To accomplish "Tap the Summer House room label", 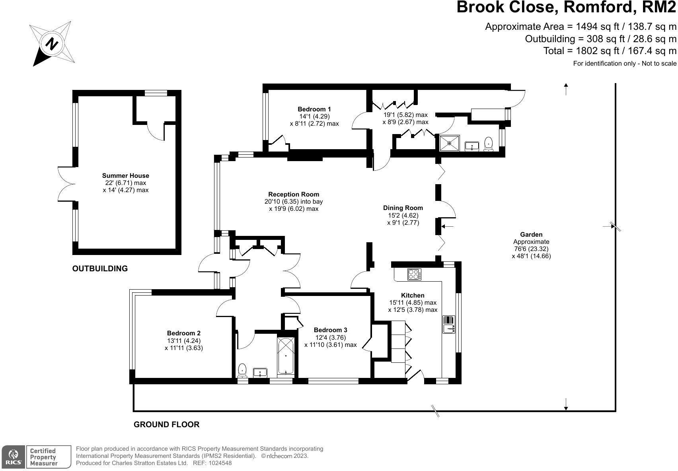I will [125, 175].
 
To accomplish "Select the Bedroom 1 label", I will [314, 109].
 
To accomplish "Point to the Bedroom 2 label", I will [183, 333].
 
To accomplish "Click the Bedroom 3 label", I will [330, 330].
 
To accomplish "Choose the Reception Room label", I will [294, 195].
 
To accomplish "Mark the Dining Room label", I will [403, 208].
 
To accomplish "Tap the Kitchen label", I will [413, 295].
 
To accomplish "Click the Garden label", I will [531, 235].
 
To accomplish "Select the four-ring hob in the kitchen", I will [414, 274].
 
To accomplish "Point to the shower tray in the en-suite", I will [450, 143].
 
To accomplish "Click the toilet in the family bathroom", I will [242, 371].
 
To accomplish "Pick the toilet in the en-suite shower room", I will [489, 144].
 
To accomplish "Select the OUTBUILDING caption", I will [100, 269].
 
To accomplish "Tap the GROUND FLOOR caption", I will [166, 424].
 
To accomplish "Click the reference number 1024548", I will [218, 463].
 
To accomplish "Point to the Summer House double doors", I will [66, 183].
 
